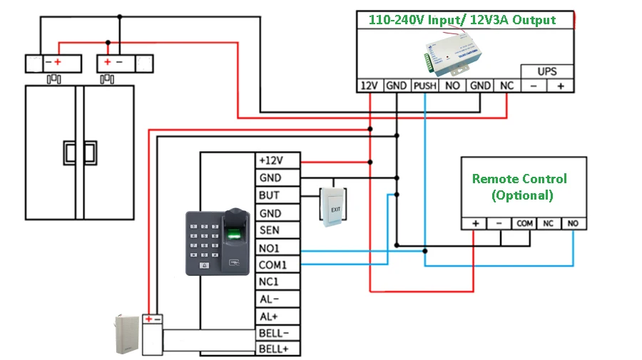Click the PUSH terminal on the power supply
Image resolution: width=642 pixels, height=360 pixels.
[x=424, y=86]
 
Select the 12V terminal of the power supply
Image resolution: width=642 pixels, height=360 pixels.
[x=369, y=86]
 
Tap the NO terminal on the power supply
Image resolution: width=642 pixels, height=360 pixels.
[x=452, y=86]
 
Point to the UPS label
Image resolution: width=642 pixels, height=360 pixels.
[x=546, y=71]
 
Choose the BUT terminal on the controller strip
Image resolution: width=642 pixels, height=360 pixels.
[x=270, y=195]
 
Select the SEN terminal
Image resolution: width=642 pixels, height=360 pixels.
[x=270, y=230]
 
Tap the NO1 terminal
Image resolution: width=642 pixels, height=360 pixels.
[x=270, y=247]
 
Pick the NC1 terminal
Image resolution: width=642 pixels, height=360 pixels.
[x=270, y=282]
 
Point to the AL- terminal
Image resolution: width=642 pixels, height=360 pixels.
[x=270, y=299]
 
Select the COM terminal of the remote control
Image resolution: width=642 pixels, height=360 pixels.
[x=524, y=223]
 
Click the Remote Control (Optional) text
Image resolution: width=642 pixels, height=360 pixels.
[x=519, y=187]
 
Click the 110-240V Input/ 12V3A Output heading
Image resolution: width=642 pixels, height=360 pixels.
[x=462, y=20]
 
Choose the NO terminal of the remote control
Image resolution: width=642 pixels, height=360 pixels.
[x=573, y=223]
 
